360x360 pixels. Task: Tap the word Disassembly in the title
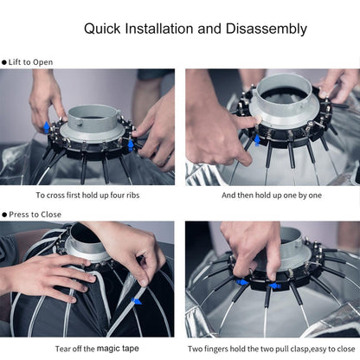pos(267,29)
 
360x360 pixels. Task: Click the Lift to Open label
pos(30,62)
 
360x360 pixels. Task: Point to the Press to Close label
pos(35,215)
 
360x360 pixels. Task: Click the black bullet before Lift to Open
pos(4,62)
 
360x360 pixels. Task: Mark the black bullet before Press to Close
pos(4,215)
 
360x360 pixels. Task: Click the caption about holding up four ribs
pos(87,196)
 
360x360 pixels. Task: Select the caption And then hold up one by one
pos(272,196)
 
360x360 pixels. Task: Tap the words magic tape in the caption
pos(118,349)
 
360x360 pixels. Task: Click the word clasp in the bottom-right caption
pos(299,349)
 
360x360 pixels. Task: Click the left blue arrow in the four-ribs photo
pos(47,127)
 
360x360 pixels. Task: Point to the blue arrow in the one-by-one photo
pos(257,141)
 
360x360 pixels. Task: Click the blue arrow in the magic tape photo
pos(137,301)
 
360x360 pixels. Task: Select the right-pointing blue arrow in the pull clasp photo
pos(242,282)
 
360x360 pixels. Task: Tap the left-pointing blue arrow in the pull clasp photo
pos(275,286)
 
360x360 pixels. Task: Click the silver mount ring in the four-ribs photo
pos(93,135)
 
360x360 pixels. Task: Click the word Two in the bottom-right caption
pos(196,349)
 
